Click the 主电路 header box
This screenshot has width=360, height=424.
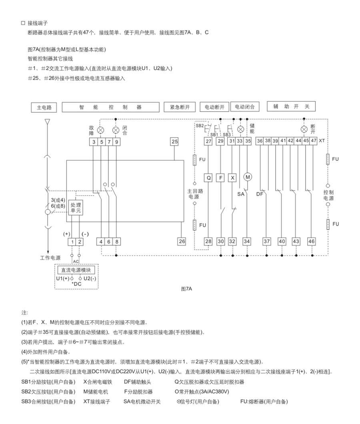[44, 107]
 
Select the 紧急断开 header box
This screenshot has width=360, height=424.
[180, 107]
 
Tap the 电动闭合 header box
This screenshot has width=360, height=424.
[245, 107]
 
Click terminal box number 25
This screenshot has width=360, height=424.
[174, 141]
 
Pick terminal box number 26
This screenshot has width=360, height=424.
[182, 241]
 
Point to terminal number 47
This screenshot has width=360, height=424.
[314, 141]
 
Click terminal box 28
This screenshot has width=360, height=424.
[208, 241]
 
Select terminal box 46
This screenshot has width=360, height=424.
[311, 241]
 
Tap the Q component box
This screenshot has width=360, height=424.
[208, 178]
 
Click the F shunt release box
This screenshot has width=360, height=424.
[221, 178]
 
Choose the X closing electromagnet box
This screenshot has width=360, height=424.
[232, 178]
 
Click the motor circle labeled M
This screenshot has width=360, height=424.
[248, 177]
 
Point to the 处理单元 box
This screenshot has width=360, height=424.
[76, 208]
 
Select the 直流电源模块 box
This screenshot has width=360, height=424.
[76, 270]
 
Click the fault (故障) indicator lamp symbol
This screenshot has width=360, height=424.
[101, 130]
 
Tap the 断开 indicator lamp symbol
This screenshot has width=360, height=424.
[304, 129]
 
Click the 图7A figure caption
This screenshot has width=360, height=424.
[187, 289]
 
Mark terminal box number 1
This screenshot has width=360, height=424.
[72, 242]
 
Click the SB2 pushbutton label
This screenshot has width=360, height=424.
[200, 126]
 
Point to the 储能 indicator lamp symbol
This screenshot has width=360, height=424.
[240, 129]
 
